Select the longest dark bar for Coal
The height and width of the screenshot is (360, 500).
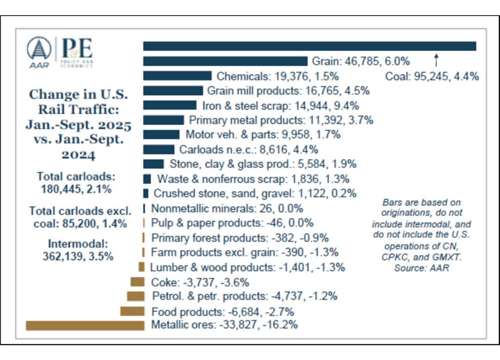(x=309, y=46)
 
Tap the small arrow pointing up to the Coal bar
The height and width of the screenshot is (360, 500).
(x=437, y=60)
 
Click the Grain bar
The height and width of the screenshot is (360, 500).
(x=225, y=61)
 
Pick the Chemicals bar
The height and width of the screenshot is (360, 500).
(x=177, y=76)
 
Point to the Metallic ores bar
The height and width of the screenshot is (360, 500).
(x=85, y=325)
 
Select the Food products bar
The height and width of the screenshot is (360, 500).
(x=132, y=311)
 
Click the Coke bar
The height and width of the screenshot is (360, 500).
(x=137, y=281)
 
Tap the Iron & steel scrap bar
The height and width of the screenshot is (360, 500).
(x=169, y=105)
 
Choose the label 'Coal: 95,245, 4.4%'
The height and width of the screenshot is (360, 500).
(x=432, y=76)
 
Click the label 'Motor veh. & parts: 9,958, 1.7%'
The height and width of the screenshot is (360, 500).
(x=263, y=135)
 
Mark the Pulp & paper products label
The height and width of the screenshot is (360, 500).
(x=232, y=223)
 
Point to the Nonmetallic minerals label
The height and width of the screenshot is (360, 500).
(x=227, y=209)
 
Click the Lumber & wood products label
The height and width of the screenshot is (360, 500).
(x=248, y=267)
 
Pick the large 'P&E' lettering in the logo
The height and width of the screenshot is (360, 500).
(x=76, y=49)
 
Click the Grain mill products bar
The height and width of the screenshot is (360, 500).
(x=173, y=91)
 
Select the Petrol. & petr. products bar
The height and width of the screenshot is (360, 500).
(x=135, y=296)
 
